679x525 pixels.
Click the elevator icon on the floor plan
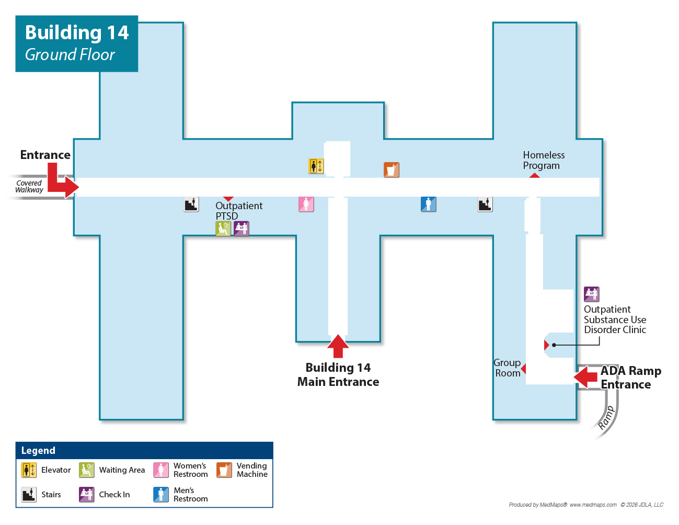coord(316,166)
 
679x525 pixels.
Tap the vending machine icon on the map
coord(392,170)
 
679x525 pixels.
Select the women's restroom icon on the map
coord(306,204)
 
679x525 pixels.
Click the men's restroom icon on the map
coord(429,204)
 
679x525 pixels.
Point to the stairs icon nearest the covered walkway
coord(191,204)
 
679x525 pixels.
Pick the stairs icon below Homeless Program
coord(485,204)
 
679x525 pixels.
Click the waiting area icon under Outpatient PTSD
coord(223,229)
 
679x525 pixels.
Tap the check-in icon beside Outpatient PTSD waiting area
coord(241,229)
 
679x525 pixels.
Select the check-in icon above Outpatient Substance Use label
coord(592,294)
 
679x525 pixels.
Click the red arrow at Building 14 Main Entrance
coord(338,346)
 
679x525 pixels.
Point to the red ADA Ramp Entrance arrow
coord(586,376)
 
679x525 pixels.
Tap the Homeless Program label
coord(544,161)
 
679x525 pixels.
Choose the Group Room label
coord(507,368)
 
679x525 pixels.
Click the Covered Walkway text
coord(29,187)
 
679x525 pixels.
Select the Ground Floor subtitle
coord(70,54)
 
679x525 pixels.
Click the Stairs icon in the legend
coord(29,494)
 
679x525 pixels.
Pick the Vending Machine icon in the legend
coord(224,470)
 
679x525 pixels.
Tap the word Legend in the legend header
coord(38,451)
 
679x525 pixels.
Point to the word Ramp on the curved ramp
coord(606,418)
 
